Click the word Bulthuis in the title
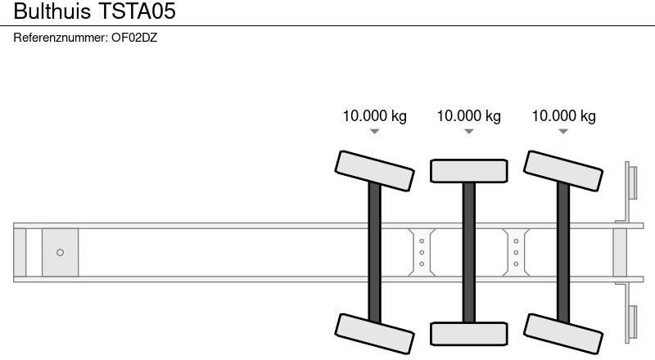[52, 11]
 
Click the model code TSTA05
[137, 11]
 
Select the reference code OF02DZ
[134, 38]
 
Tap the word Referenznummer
[61, 38]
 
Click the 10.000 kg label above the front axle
[375, 116]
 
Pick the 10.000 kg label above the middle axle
[468, 116]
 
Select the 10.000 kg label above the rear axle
[563, 116]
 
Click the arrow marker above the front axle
[375, 132]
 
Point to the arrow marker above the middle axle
[468, 132]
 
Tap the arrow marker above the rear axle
[563, 132]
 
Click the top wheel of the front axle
[374, 171]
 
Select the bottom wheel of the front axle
[374, 334]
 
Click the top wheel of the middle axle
[468, 171]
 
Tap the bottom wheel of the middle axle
[468, 334]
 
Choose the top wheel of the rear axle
[563, 171]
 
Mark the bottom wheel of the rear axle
[563, 334]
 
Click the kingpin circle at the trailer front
[60, 252]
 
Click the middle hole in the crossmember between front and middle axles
[422, 252]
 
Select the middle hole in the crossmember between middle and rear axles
[516, 252]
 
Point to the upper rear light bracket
[628, 191]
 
